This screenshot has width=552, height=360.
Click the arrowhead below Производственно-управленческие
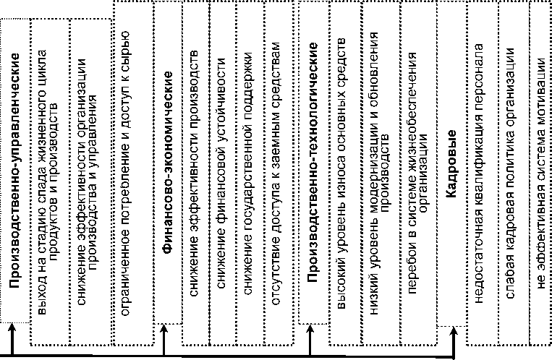12,333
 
